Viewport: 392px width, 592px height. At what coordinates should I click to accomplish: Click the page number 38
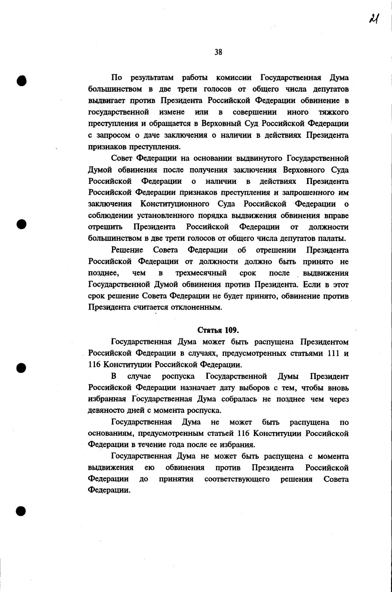[x=218, y=52]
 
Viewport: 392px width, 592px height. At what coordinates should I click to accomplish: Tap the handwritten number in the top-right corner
[x=373, y=19]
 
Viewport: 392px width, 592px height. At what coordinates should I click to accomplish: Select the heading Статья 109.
[x=218, y=330]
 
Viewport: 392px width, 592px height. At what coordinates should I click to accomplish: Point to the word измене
[x=171, y=112]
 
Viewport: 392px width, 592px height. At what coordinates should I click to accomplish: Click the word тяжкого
[x=334, y=112]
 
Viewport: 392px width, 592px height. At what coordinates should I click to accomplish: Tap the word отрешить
[x=105, y=227]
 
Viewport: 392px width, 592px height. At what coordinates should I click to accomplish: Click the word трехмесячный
[x=201, y=273]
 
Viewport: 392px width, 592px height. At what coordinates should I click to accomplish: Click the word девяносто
[x=106, y=411]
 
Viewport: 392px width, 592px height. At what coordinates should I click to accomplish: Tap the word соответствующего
[x=237, y=479]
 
